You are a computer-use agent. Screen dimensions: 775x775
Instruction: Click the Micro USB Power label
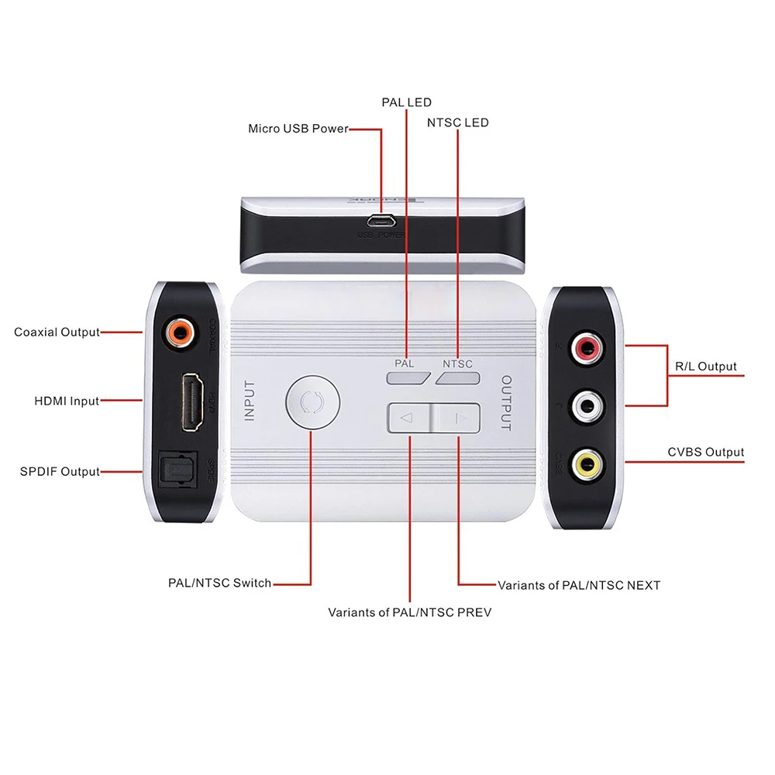298,129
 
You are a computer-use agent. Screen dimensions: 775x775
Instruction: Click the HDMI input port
191,401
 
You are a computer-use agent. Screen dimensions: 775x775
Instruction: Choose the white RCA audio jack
587,405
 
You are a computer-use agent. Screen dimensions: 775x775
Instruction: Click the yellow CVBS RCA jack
587,463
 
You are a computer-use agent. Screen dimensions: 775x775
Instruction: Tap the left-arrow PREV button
408,418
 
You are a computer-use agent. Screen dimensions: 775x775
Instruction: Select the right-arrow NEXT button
457,418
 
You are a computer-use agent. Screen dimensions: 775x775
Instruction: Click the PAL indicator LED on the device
408,377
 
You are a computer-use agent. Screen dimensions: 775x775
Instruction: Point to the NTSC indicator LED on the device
456,377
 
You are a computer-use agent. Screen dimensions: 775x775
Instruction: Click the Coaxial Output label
57,332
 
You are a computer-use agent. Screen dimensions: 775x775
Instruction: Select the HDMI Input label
67,401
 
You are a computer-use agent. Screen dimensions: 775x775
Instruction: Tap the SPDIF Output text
60,471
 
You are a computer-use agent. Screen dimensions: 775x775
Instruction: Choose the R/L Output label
706,367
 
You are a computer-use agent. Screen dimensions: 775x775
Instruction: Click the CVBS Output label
705,453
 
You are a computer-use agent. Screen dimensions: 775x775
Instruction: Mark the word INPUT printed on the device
250,400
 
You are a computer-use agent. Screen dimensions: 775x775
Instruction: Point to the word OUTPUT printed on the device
505,403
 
